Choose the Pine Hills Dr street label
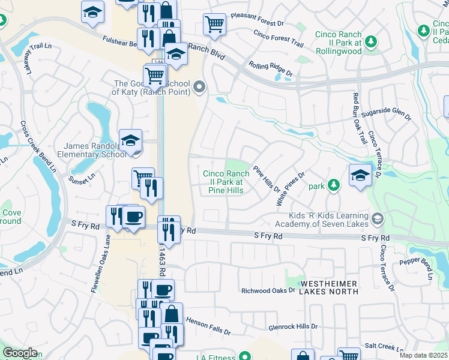click(x=267, y=179)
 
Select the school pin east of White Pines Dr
click(x=360, y=175)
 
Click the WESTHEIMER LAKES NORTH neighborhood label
click(x=329, y=287)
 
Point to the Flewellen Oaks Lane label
click(x=101, y=261)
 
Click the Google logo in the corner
click(x=20, y=353)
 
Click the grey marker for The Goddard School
click(x=199, y=88)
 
